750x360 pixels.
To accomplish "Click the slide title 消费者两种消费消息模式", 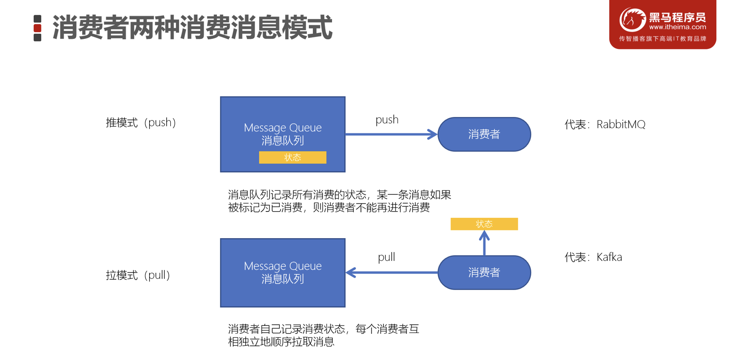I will pos(192,28).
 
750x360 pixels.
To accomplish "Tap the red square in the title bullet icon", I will pos(37,28).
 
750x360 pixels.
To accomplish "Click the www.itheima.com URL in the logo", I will pos(677,27).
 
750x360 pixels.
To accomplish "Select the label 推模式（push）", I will pos(141,123).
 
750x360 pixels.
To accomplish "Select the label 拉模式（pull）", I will pos(138,275).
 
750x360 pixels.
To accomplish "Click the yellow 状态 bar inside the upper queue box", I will pos(292,157).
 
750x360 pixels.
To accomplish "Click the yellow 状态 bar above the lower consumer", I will pos(484,224).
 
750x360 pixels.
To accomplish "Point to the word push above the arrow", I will pos(387,120).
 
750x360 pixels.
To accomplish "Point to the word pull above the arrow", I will pos(386,257).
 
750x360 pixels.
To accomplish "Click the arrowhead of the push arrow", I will pos(432,134).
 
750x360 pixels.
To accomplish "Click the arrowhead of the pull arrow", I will pos(351,273).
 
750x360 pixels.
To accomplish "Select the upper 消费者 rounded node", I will pos(484,134).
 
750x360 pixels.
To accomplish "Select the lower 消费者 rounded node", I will pos(484,273).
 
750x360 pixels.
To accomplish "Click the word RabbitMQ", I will pos(621,124).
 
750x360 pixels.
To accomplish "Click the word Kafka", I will pos(609,257).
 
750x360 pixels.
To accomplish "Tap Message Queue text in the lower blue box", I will pos(282,266).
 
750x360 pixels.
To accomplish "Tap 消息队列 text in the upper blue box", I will pos(282,141).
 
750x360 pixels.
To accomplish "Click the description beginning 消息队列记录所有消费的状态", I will pos(339,201).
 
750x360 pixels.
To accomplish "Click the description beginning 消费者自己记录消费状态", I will pos(323,335).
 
